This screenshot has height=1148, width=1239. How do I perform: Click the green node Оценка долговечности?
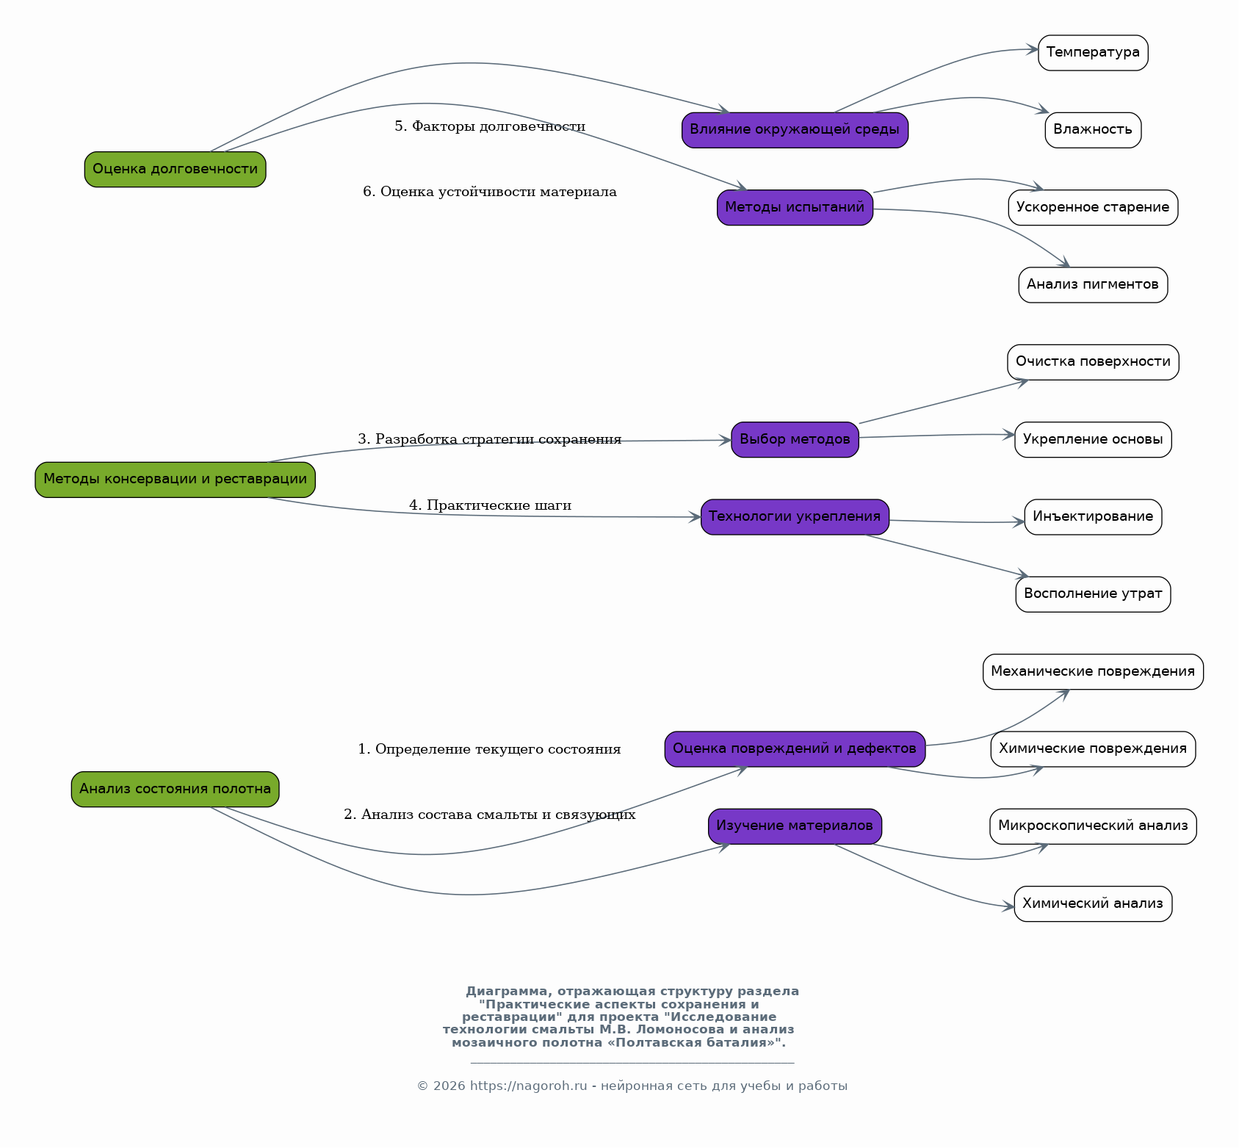(175, 169)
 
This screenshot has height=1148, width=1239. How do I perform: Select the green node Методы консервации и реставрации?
(175, 480)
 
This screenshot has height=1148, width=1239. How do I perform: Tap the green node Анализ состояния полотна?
(175, 789)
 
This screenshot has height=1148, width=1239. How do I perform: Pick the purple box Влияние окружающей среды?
(795, 130)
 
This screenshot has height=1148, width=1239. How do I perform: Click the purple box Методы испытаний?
(795, 207)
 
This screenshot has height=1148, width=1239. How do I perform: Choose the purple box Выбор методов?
(795, 439)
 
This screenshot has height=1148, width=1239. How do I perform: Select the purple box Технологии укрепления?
(795, 517)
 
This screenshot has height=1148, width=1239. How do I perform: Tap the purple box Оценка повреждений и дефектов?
(795, 748)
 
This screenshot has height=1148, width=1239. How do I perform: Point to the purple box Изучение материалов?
(795, 826)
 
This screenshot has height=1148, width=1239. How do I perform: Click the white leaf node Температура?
(1093, 53)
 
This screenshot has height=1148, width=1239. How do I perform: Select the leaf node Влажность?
(1093, 130)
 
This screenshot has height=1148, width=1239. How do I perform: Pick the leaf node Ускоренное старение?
(1093, 207)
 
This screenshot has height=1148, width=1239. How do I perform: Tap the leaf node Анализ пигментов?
(1093, 285)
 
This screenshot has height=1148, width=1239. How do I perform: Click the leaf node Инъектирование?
(1093, 517)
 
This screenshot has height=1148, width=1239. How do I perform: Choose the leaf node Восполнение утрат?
(1093, 594)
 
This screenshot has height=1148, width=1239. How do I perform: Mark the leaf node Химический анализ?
(1093, 903)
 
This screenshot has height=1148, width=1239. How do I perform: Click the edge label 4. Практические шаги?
(490, 505)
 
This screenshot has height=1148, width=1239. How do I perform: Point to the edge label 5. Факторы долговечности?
(490, 126)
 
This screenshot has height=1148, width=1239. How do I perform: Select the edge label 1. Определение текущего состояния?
(489, 749)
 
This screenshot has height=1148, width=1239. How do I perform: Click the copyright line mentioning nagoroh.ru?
(632, 1086)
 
